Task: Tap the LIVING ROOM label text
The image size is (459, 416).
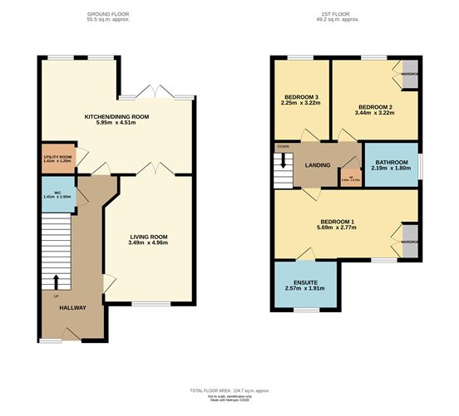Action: pyautogui.click(x=151, y=236)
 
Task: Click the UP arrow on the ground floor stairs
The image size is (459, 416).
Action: pyautogui.click(x=57, y=281)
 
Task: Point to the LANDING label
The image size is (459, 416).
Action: pyautogui.click(x=320, y=164)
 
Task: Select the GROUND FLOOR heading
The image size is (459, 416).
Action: pyautogui.click(x=115, y=15)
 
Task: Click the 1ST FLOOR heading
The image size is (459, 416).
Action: pyautogui.click(x=343, y=15)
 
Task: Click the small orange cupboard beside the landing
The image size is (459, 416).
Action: pyautogui.click(x=348, y=177)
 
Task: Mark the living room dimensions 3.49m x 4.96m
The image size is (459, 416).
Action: pyautogui.click(x=151, y=243)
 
